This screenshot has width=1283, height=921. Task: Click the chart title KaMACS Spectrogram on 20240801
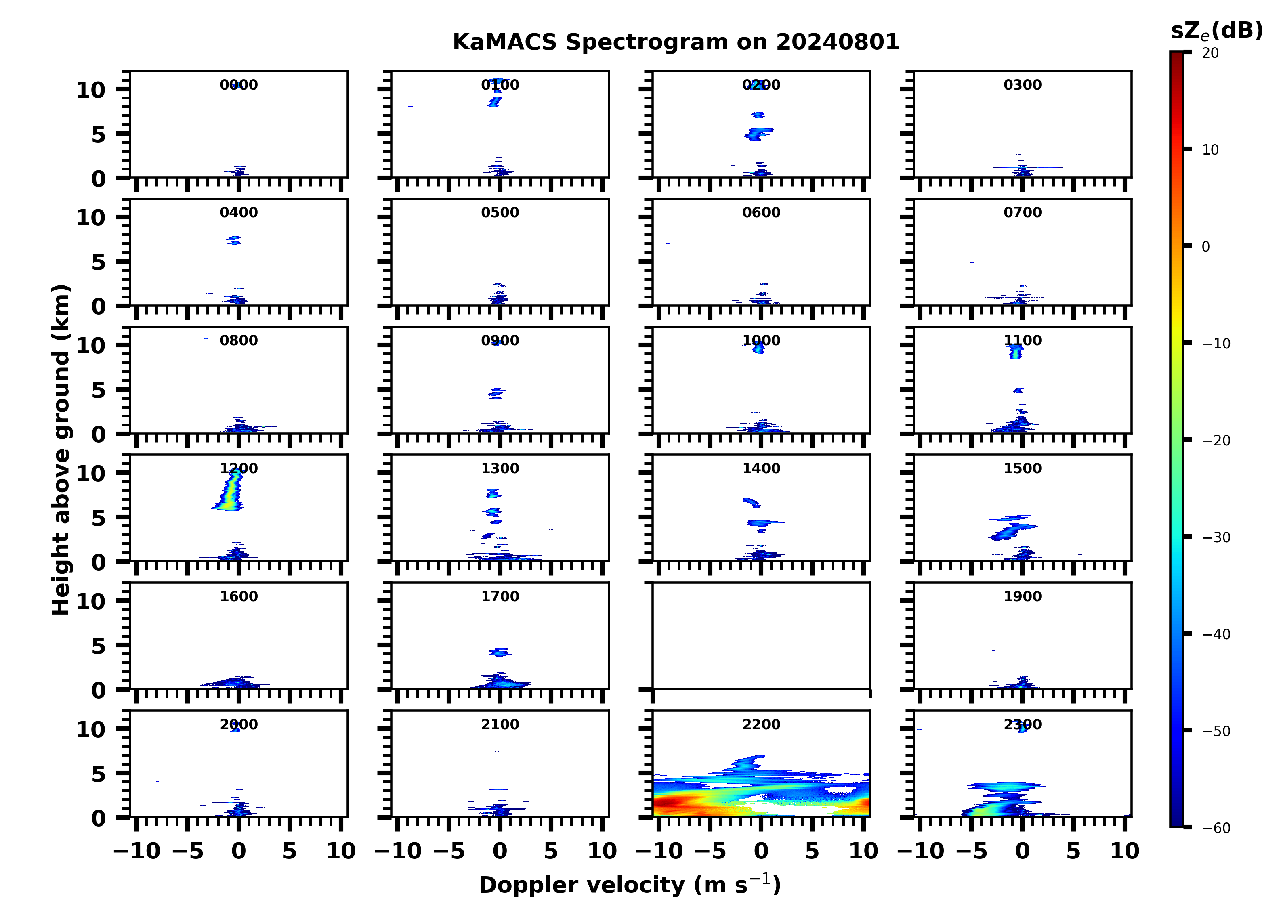[676, 42]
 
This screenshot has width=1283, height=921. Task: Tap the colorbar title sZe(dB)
[1216, 31]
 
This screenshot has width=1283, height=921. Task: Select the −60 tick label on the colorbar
[1216, 828]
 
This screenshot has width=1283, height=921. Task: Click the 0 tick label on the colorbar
[1205, 247]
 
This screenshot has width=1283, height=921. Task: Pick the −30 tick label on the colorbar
[1216, 537]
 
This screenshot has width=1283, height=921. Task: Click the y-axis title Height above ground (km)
[61, 450]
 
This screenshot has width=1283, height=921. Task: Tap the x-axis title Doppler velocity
[630, 885]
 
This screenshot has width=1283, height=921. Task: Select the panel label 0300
[1022, 85]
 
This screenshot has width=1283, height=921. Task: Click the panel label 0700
[1022, 213]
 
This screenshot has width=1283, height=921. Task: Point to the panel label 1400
[761, 468]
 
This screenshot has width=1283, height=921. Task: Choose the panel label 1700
[500, 596]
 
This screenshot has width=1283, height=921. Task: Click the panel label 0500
[500, 213]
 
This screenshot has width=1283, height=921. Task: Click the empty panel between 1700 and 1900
[761, 636]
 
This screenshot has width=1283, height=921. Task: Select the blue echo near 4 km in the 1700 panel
[500, 652]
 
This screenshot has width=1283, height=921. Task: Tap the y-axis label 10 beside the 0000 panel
[90, 90]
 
